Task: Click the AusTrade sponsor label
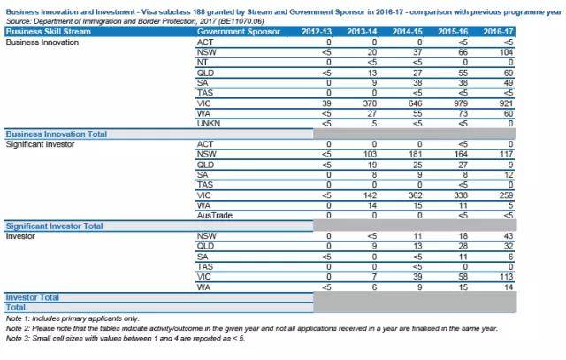216,214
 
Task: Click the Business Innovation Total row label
57,134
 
